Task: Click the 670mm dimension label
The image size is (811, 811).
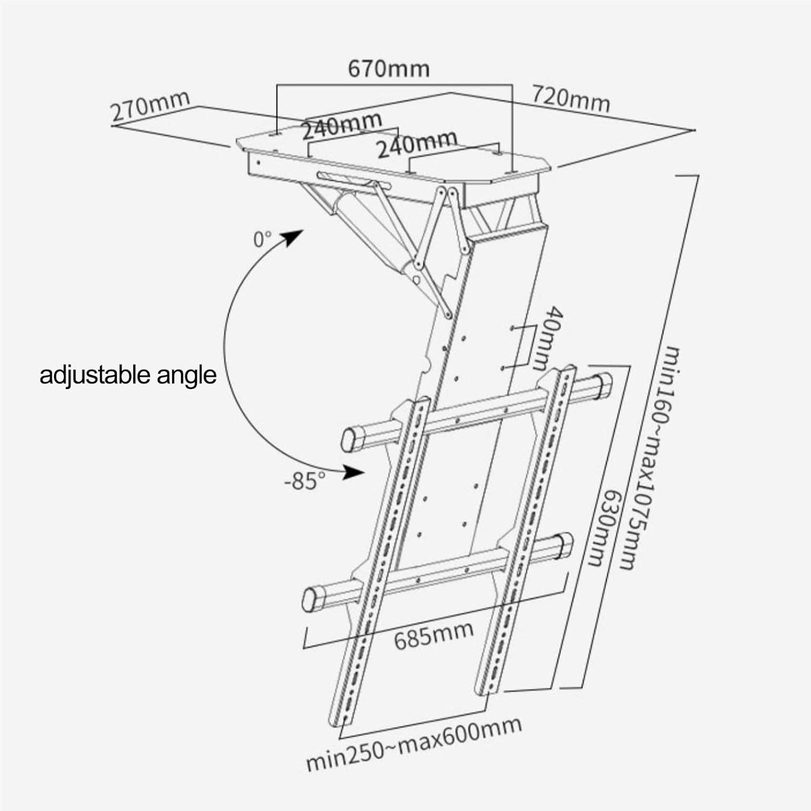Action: pyautogui.click(x=388, y=69)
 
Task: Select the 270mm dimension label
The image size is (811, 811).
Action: pyautogui.click(x=150, y=106)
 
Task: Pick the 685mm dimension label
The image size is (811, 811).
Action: pyautogui.click(x=434, y=635)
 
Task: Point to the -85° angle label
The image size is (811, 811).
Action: pyautogui.click(x=305, y=480)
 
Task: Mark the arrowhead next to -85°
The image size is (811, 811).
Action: pyautogui.click(x=354, y=472)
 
